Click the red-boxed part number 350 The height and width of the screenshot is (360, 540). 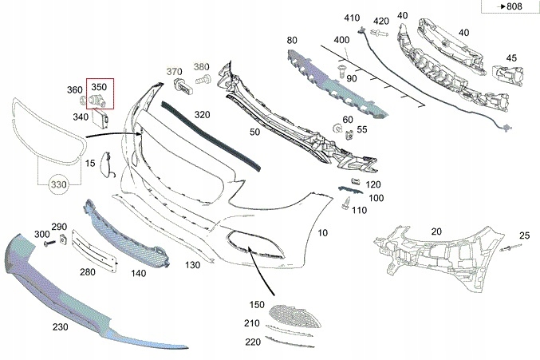[x=100, y=86]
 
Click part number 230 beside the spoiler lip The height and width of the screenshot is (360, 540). [x=61, y=326]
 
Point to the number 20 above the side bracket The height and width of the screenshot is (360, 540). [x=436, y=231]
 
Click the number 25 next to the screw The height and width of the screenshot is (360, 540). [x=524, y=235]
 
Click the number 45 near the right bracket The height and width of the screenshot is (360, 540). [x=510, y=57]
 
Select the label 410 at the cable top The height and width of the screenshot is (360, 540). [x=353, y=18]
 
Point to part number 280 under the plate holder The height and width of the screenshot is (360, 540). [x=89, y=272]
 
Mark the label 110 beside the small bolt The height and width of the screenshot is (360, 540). [x=359, y=211]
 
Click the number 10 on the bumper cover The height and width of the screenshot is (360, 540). [x=322, y=233]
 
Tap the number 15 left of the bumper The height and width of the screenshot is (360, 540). [x=90, y=164]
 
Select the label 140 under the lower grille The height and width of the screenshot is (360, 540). [x=139, y=273]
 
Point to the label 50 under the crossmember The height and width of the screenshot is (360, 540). [x=255, y=131]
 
